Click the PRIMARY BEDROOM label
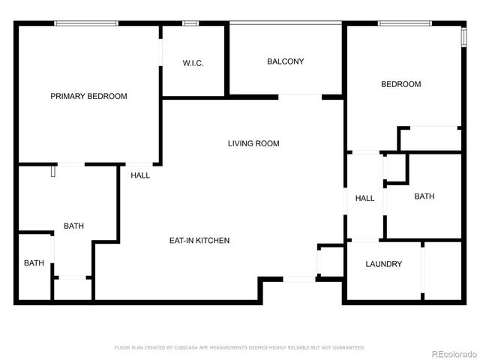tap(88, 96)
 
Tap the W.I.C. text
tap(193, 63)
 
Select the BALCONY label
tap(286, 61)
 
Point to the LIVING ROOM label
tap(253, 143)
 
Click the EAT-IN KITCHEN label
tap(199, 241)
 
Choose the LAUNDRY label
tap(383, 264)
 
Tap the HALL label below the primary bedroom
tap(140, 175)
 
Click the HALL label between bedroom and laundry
tap(364, 198)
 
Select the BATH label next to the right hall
tap(424, 196)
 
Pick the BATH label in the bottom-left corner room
tap(34, 263)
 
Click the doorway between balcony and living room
tap(300, 96)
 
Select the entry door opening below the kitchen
tap(298, 279)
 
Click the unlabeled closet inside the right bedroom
tap(429, 139)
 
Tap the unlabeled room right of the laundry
tap(442, 271)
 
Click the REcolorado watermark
tap(452, 353)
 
